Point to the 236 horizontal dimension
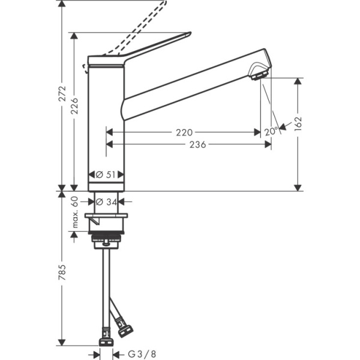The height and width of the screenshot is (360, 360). point(197,145)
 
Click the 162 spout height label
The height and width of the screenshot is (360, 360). point(298,123)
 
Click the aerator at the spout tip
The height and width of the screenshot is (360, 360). point(259,75)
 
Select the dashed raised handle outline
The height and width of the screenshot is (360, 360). point(138,30)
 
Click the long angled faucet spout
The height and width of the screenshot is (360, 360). point(192,87)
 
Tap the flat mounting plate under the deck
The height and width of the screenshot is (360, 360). point(106,216)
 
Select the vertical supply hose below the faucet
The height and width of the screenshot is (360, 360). point(106,282)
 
